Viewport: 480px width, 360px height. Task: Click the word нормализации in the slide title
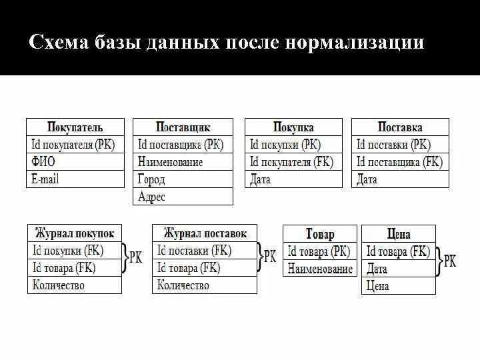pos(355,43)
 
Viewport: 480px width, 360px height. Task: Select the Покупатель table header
pos(75,127)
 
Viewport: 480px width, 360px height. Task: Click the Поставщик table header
pos(183,127)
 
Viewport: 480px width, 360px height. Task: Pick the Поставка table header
pos(400,127)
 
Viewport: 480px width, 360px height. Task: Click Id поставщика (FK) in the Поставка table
pos(399,161)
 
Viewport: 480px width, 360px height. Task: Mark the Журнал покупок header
pos(75,233)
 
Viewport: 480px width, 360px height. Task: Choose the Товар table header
pos(320,234)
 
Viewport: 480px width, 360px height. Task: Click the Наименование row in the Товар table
pos(320,269)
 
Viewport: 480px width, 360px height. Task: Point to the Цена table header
pos(398,234)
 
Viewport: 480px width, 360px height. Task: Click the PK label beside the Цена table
pos(450,261)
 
